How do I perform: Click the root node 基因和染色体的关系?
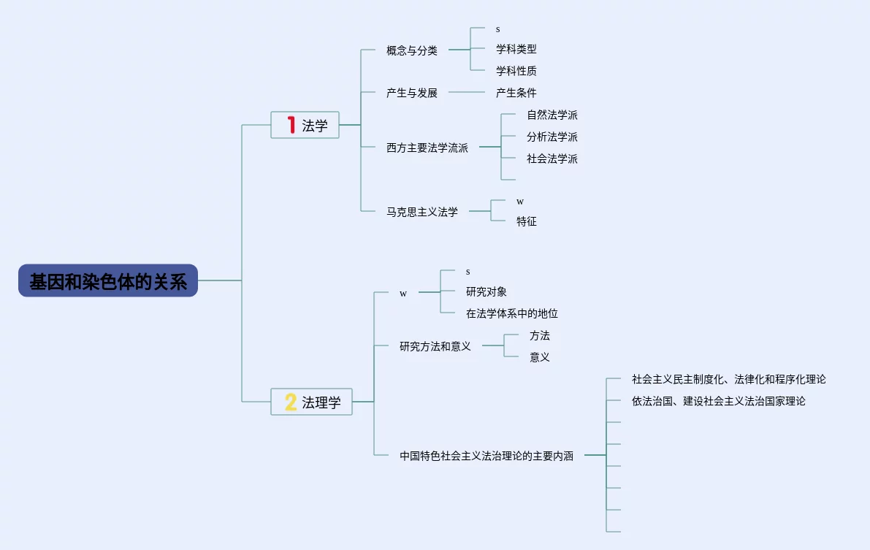click(108, 280)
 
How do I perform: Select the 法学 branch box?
click(305, 125)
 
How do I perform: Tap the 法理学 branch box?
click(312, 402)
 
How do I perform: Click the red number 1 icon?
click(291, 125)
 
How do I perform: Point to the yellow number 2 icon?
click(291, 402)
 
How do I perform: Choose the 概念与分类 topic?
click(412, 50)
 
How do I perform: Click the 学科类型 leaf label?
click(516, 49)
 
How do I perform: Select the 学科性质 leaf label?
click(516, 71)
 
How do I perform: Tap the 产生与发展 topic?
click(412, 93)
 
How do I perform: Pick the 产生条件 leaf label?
click(516, 93)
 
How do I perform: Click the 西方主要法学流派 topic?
click(427, 148)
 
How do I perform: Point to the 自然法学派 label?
click(552, 115)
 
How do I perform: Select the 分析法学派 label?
click(552, 137)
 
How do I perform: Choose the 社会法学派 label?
click(552, 158)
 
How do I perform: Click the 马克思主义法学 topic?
click(422, 212)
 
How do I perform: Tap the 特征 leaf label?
click(526, 221)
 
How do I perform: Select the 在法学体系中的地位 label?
click(511, 313)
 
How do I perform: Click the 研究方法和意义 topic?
click(435, 346)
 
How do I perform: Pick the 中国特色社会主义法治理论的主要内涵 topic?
click(486, 456)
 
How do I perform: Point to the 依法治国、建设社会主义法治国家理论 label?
click(718, 401)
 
